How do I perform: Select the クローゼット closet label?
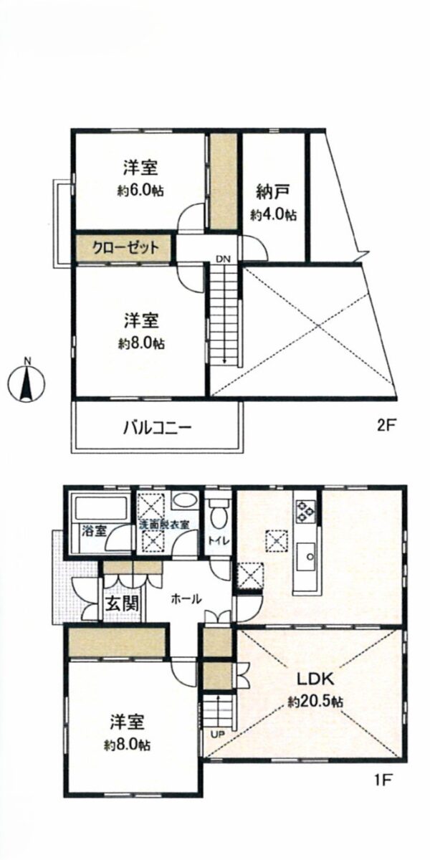(124, 249)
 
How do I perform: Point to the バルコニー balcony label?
(156, 428)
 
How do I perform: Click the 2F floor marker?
(387, 425)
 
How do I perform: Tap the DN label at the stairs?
(224, 259)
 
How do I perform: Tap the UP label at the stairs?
(216, 733)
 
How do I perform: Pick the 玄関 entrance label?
(123, 603)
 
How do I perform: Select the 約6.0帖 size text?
(140, 191)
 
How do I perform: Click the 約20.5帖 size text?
(315, 702)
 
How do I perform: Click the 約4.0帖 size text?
(274, 214)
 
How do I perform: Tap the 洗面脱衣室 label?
(165, 524)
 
